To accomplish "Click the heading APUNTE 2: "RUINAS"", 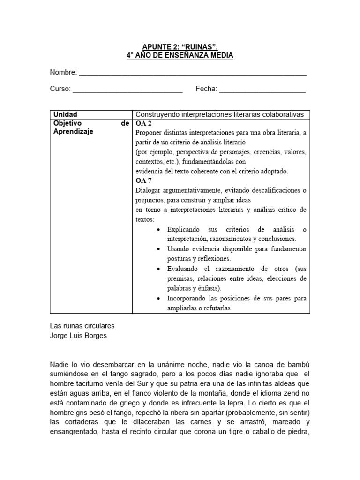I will point(180,47).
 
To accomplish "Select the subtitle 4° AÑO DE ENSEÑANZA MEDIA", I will point(180,56).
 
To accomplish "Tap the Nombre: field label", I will point(63,73).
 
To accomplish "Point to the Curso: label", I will point(60,89).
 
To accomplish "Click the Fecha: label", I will point(206,89).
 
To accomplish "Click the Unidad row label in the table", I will point(66,114).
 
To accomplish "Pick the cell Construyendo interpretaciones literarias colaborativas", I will point(219,114).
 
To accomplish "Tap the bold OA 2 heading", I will point(143,124).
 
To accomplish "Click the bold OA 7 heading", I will point(143,180).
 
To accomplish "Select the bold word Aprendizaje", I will point(74,132).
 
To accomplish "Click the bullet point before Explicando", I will point(157,230).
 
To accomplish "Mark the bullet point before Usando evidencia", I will point(157,249).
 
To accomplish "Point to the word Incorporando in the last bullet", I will point(188,298).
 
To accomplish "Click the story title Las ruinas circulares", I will point(82,325).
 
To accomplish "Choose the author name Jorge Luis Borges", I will point(78,335).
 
